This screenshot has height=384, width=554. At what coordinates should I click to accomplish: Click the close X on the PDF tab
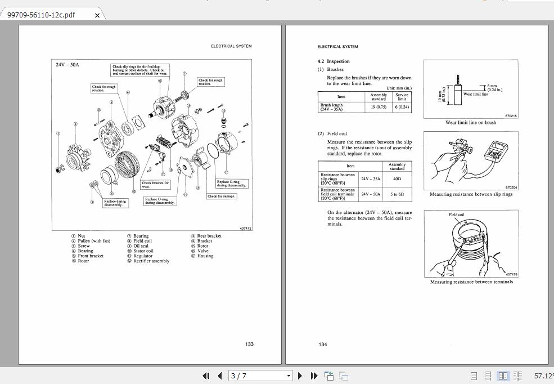click(97, 15)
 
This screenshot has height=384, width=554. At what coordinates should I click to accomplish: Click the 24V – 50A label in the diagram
click(67, 65)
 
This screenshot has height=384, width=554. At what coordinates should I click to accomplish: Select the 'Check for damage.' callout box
click(222, 197)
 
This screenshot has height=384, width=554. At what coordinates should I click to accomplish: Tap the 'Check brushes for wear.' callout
click(155, 184)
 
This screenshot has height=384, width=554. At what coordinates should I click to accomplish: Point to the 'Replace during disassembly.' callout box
click(115, 203)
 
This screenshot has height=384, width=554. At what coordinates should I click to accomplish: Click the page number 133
click(249, 344)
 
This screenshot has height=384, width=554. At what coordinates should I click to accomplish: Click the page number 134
click(323, 344)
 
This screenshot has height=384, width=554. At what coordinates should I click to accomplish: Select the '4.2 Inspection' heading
click(334, 61)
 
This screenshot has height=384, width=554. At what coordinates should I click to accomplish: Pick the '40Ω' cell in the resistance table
click(397, 179)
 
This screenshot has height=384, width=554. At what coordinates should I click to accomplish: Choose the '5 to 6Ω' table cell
click(397, 194)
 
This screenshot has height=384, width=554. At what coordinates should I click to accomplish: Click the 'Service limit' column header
click(402, 97)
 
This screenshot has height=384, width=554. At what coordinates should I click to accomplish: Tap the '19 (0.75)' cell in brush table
click(379, 107)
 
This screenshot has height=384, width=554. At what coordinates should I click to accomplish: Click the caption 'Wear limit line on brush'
click(470, 122)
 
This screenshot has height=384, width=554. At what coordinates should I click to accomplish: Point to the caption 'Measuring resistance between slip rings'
click(471, 194)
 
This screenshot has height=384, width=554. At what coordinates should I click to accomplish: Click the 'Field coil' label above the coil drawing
click(457, 215)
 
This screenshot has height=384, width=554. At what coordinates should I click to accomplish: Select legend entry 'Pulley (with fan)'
click(93, 241)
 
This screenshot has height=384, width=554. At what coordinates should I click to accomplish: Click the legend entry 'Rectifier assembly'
click(151, 261)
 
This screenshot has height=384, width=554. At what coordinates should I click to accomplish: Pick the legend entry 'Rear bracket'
click(209, 236)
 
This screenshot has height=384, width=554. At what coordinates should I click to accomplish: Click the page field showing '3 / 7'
click(260, 376)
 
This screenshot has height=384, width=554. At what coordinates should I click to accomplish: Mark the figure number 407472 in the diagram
click(245, 228)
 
